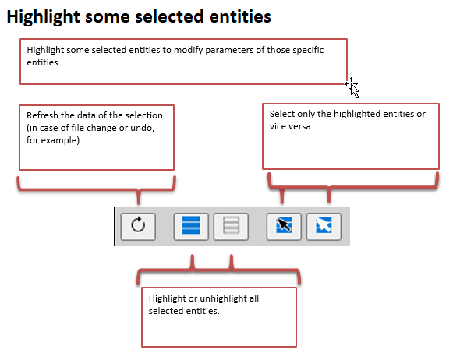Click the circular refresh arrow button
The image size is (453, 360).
[138, 227]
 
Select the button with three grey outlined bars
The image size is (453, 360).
[231, 227]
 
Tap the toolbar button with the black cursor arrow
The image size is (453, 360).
[284, 227]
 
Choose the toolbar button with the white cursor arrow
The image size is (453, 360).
[324, 227]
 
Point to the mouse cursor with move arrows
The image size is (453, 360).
[352, 87]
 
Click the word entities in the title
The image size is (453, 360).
[240, 16]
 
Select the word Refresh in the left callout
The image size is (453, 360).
[42, 115]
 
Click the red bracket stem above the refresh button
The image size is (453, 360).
[139, 196]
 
